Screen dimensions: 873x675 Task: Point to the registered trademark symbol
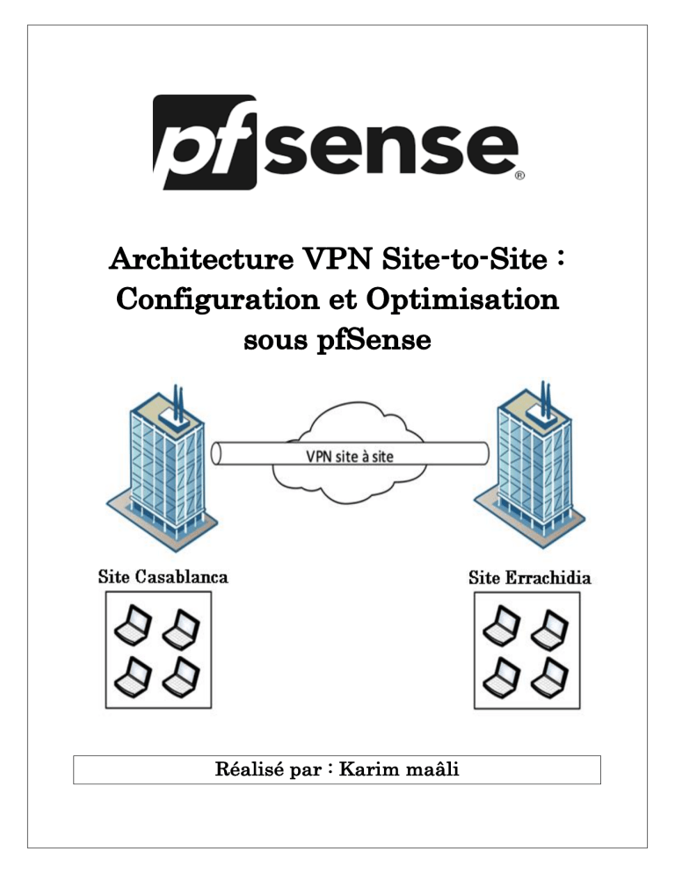[x=519, y=176]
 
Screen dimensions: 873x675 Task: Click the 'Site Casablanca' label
[x=163, y=577]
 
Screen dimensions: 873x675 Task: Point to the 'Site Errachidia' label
[x=530, y=578]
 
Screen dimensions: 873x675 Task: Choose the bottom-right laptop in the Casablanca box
[x=181, y=675]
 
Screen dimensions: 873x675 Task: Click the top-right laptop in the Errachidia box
[x=552, y=625]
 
